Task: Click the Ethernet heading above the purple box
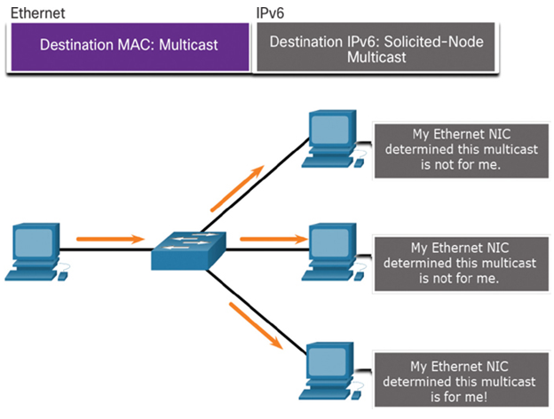(x=38, y=13)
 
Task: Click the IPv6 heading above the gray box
(x=270, y=13)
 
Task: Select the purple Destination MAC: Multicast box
(x=130, y=47)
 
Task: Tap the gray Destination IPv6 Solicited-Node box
(x=376, y=47)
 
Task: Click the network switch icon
(x=189, y=250)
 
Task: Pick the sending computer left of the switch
(x=36, y=252)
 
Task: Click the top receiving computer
(x=333, y=138)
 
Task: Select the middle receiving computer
(x=333, y=252)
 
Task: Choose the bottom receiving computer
(x=330, y=371)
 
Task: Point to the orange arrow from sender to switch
(x=111, y=239)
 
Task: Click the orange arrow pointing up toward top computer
(x=237, y=188)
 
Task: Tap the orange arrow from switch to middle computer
(x=273, y=239)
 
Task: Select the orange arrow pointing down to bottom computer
(x=257, y=326)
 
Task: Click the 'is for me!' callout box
(x=461, y=380)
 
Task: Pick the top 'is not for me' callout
(x=461, y=151)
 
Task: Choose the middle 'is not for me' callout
(x=461, y=265)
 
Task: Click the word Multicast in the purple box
(x=188, y=45)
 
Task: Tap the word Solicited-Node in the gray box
(x=433, y=42)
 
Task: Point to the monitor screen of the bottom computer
(x=328, y=362)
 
